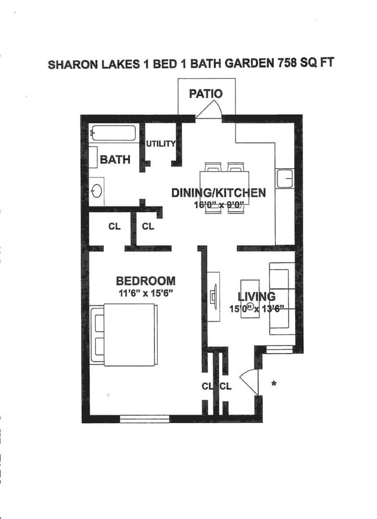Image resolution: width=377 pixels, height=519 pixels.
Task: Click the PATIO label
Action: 205,94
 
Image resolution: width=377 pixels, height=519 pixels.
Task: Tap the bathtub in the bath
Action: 114,134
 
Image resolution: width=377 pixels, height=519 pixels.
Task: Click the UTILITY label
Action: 160,144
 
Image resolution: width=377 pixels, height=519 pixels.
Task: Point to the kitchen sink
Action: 285,179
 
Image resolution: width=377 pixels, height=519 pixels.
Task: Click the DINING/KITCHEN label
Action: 218,193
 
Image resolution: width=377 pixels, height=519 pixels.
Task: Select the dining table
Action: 224,187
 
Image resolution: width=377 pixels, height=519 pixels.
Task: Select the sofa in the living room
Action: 282,299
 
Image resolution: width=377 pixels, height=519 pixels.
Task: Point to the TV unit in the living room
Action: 213,296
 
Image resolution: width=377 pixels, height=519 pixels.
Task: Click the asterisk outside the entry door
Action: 273,384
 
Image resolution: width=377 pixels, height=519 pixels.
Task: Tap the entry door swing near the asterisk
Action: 249,380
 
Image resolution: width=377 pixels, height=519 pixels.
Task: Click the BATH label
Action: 115,160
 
